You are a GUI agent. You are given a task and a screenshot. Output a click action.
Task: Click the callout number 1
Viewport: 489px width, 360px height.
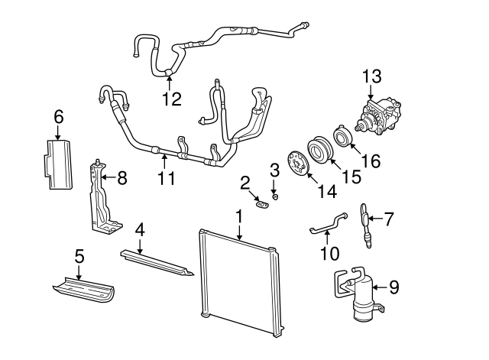pos(239,216)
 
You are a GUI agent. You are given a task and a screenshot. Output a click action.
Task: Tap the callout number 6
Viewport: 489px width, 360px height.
pos(59,118)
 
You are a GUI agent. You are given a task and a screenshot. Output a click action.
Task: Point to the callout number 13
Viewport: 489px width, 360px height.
pos(371,76)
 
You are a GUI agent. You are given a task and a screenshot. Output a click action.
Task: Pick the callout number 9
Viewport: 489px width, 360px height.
pos(393,287)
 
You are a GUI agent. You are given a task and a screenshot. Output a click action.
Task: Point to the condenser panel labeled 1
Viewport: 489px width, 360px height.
pos(237,283)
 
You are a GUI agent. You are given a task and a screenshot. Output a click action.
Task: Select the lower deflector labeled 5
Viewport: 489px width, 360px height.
pos(84,290)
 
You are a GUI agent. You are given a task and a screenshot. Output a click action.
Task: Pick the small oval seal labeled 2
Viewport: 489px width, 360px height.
pos(263,203)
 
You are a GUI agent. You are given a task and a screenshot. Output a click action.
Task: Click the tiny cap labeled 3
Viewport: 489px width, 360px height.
pos(275,196)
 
